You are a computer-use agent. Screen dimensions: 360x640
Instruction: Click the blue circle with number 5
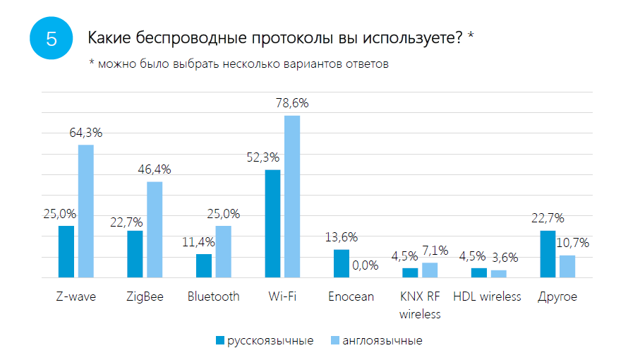tap(52, 38)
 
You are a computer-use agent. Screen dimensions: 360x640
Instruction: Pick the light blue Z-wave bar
tap(86, 212)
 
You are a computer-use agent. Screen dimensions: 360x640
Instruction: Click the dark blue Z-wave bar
tap(66, 252)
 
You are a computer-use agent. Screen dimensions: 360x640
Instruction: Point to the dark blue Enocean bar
tap(342, 264)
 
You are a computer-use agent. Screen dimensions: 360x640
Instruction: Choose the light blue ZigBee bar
tap(155, 230)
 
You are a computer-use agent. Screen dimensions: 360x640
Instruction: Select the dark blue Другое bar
tap(548, 254)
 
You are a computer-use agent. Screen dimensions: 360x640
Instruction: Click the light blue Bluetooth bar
tap(223, 252)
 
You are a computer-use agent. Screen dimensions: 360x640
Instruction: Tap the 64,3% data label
tap(86, 132)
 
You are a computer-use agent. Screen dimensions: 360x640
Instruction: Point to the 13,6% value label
tap(342, 237)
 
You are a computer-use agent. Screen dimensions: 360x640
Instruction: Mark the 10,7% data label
tap(573, 243)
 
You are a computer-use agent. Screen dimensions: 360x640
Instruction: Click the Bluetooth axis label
tap(213, 296)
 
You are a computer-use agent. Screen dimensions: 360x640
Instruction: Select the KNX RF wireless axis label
tap(420, 305)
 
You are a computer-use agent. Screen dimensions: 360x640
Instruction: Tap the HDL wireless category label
tap(487, 296)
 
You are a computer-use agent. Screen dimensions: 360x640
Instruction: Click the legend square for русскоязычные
tap(219, 341)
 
